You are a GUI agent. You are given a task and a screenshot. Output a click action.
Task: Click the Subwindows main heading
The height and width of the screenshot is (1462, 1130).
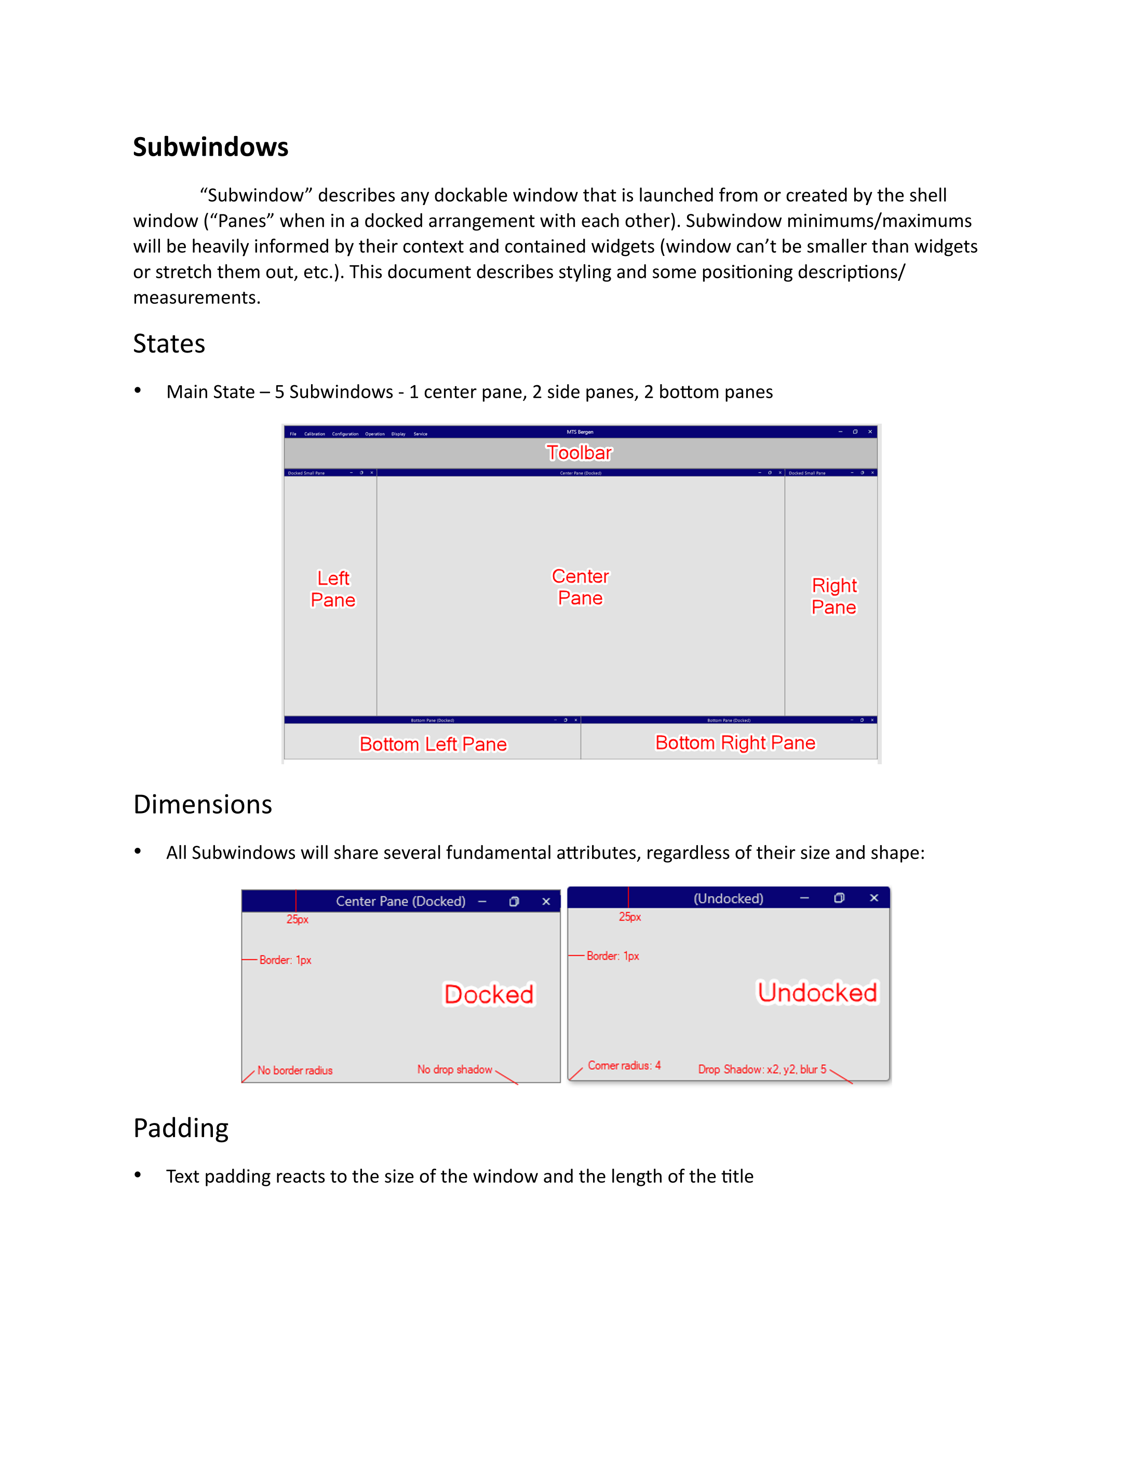click(x=210, y=147)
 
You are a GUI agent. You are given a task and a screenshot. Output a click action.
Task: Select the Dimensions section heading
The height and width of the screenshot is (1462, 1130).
click(x=202, y=804)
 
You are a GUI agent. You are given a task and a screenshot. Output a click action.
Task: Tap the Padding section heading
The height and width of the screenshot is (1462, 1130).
click(x=181, y=1128)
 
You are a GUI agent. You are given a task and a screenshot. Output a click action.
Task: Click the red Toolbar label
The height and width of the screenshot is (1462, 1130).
click(x=579, y=453)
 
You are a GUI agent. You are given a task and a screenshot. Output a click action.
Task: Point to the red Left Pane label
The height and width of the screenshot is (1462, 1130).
click(x=333, y=589)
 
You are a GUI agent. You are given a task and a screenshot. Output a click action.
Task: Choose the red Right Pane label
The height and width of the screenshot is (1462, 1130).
click(x=834, y=596)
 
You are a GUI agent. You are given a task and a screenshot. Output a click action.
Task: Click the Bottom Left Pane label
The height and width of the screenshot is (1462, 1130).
click(x=433, y=744)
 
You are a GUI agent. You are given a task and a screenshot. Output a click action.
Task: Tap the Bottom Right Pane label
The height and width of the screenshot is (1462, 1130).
click(x=735, y=743)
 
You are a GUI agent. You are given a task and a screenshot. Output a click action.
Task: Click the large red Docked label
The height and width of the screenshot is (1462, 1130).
click(x=489, y=994)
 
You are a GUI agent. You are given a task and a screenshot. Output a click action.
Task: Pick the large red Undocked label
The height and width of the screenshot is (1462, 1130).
click(x=817, y=992)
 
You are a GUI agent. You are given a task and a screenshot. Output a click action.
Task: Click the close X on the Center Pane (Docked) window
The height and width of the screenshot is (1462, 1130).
click(x=546, y=902)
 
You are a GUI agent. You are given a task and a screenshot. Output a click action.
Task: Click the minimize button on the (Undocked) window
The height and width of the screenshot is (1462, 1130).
click(x=804, y=898)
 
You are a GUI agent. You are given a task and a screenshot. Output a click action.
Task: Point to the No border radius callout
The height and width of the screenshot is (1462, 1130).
click(x=294, y=1071)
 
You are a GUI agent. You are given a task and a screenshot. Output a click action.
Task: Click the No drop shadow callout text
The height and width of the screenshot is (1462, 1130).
click(x=454, y=1070)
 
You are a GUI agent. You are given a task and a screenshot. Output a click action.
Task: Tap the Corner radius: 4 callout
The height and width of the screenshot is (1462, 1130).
click(x=624, y=1066)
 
